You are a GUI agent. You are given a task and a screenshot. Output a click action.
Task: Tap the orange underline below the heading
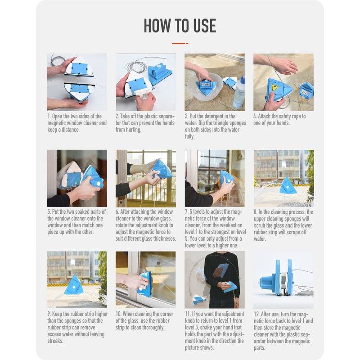click(x=180, y=43)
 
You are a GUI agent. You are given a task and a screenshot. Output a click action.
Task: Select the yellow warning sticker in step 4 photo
click(x=275, y=88)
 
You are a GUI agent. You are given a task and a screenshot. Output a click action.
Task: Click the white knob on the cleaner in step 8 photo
click(x=286, y=187)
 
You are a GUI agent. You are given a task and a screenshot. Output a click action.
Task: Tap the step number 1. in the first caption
click(x=49, y=117)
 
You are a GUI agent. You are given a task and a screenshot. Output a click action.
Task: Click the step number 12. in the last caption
click(x=256, y=314)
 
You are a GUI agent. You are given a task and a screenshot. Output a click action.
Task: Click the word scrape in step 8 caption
click(x=294, y=232)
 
